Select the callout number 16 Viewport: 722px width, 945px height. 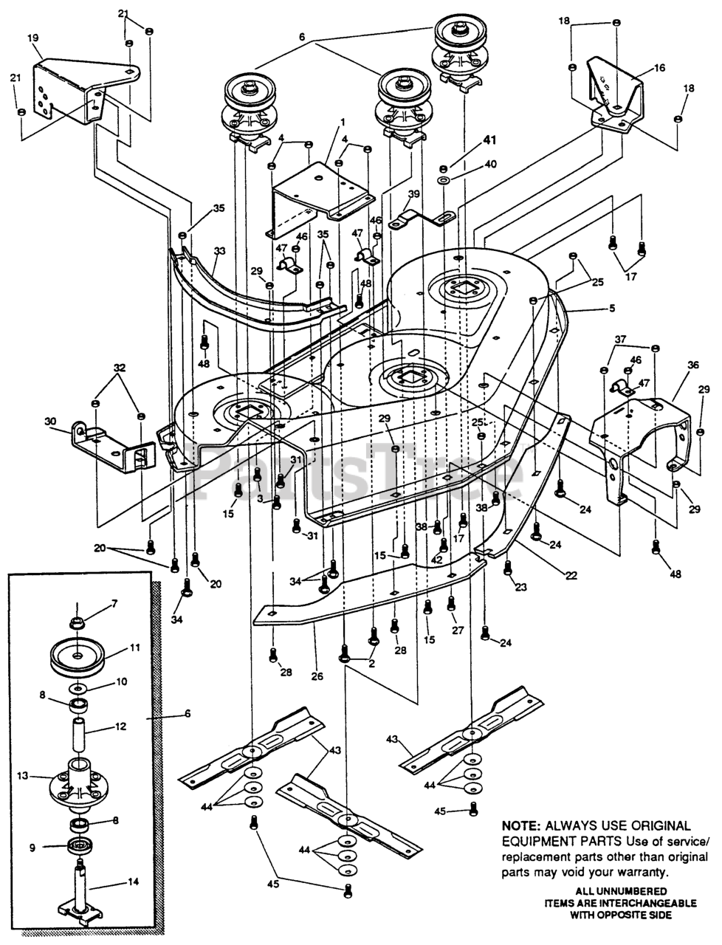[x=659, y=67]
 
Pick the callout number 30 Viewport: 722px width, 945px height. [x=50, y=422]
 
